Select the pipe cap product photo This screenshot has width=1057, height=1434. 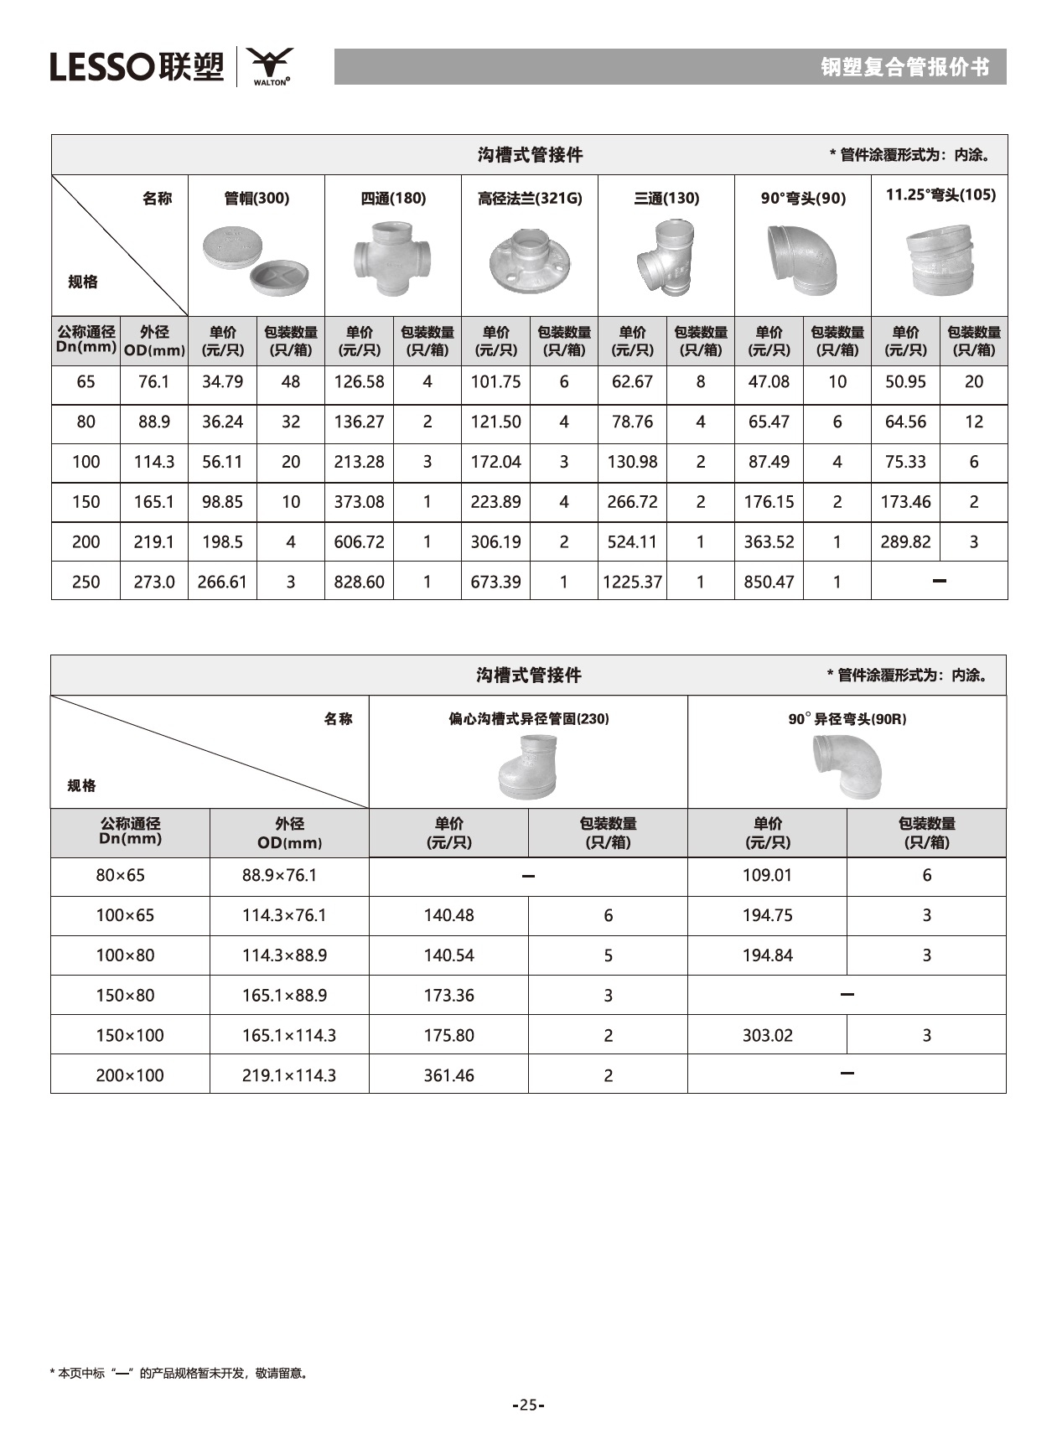256,261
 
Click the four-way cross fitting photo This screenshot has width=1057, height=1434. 392,257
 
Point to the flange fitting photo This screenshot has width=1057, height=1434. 529,261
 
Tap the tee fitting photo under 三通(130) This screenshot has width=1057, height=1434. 665,256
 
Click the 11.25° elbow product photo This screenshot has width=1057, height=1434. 940,259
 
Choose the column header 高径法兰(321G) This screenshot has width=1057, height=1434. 529,199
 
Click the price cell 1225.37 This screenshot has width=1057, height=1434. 632,582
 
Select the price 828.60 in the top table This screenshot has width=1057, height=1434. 359,582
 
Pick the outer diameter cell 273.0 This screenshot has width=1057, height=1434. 154,582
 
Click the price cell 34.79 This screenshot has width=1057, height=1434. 222,382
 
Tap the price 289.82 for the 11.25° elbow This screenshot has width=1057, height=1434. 905,541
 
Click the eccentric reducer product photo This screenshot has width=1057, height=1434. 527,766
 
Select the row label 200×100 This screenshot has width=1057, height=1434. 130,1075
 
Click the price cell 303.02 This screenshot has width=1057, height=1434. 767,1035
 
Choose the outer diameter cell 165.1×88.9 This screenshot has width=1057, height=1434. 284,996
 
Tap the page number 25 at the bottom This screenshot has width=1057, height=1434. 528,1406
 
